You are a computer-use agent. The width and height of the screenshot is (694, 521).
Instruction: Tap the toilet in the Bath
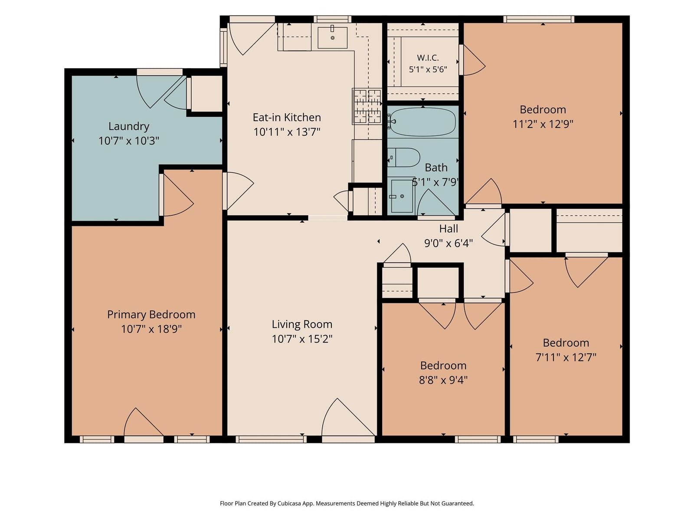pos(403,157)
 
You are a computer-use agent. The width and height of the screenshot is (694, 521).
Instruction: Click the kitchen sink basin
pos(332,38)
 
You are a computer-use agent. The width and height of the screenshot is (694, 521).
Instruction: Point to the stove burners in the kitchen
pos(367,106)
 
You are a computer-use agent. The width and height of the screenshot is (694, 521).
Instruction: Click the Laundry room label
pos(129,126)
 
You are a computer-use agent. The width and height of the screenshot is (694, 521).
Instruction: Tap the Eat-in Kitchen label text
pos(287,117)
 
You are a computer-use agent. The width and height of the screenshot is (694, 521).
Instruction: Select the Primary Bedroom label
pos(151,314)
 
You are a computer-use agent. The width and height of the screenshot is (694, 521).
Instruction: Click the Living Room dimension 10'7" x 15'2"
pos(302,339)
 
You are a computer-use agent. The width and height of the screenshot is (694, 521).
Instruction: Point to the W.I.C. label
pos(428,58)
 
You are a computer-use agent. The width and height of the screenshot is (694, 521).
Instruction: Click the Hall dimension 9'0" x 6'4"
pos(448,243)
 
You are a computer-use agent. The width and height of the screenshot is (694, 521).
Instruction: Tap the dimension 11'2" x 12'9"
pos(543,124)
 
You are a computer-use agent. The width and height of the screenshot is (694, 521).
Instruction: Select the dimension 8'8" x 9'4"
pos(443,379)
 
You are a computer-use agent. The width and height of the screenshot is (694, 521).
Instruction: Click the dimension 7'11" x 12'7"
pos(566,357)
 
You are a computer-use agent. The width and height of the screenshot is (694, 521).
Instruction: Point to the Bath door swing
pos(436,202)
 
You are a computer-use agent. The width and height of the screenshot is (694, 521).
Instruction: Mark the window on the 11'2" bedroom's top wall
pos(539,19)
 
